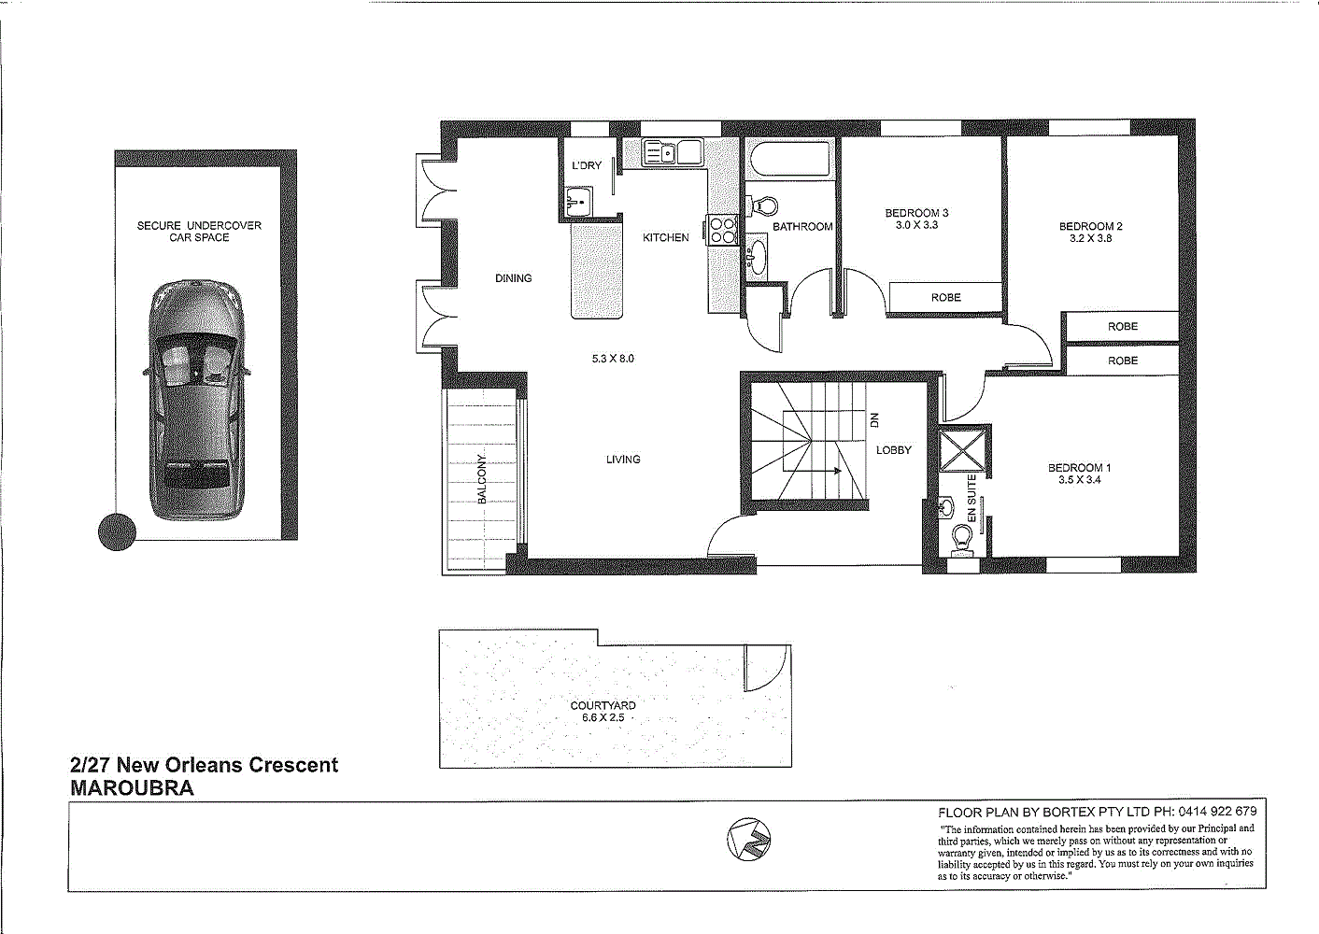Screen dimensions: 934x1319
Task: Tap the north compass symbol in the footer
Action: (748, 839)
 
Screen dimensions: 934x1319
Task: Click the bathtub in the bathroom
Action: (788, 161)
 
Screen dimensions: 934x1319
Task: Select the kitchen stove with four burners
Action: (723, 229)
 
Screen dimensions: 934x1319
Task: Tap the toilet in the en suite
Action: (962, 540)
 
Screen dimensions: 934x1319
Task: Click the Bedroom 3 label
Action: (916, 213)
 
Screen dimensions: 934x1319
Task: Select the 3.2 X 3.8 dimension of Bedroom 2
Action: (1090, 238)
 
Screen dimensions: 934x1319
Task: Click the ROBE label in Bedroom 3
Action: (945, 297)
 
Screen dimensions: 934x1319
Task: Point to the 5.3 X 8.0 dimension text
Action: (613, 359)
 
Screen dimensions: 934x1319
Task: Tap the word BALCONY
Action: (482, 479)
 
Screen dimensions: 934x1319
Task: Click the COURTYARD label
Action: (603, 706)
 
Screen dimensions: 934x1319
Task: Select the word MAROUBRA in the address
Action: (133, 788)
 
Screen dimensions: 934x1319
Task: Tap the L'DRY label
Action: (587, 165)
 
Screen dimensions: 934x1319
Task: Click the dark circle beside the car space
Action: (117, 531)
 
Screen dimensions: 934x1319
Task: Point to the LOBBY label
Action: (893, 450)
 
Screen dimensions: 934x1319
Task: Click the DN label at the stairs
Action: (874, 421)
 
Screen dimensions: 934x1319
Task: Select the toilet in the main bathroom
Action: (763, 205)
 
